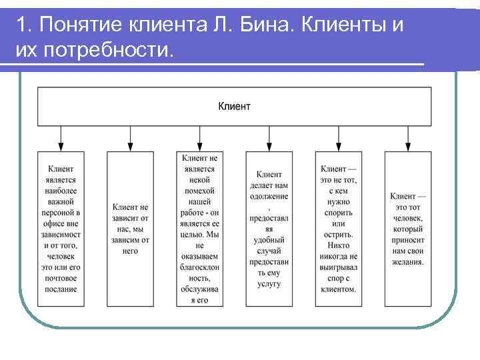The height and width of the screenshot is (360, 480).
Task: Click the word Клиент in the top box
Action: pos(234,106)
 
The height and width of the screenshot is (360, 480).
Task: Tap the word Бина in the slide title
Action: pos(273,25)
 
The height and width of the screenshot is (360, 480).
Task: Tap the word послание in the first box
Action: pos(61,289)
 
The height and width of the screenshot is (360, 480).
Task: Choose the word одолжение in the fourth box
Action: pos(269,196)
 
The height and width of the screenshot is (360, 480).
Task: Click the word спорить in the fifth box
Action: pos(339,213)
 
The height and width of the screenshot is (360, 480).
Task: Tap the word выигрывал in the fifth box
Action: pos(339,267)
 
